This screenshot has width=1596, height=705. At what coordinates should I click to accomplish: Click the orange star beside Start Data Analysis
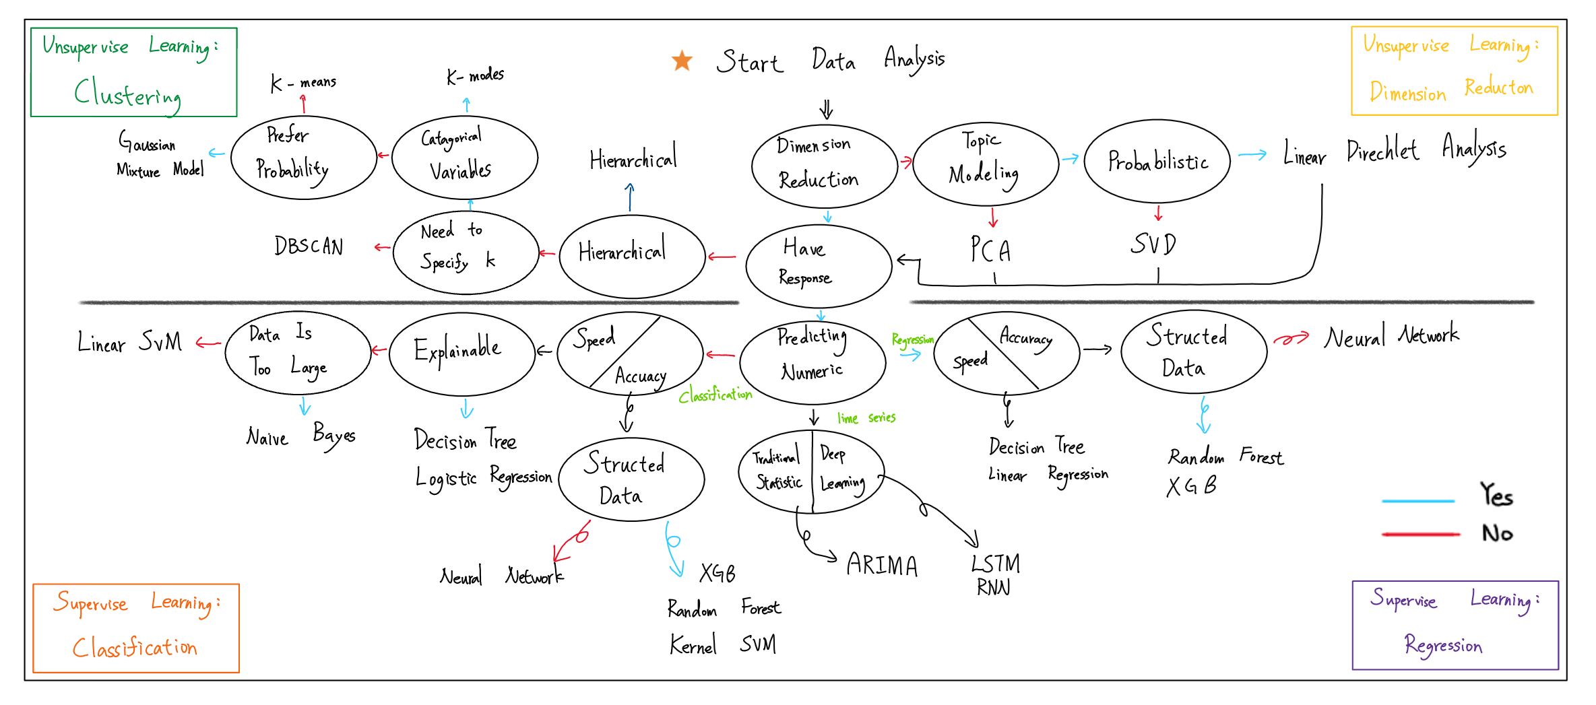[x=682, y=61]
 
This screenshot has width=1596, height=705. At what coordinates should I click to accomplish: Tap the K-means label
[x=302, y=83]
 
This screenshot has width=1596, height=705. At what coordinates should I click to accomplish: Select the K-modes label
[x=475, y=75]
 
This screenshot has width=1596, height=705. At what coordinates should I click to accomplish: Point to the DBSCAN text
[x=309, y=246]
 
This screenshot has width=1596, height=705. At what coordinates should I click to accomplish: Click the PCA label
[x=990, y=250]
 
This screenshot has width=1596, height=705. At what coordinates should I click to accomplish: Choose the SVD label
[x=1153, y=244]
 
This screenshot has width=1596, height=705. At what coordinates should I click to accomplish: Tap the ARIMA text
[x=882, y=564]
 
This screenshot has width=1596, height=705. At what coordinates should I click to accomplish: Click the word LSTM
[x=995, y=563]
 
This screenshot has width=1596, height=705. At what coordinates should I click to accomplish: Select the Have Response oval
[x=819, y=265]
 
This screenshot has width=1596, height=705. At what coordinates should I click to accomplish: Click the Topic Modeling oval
[x=985, y=164]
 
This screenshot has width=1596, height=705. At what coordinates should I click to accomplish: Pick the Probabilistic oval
[x=1157, y=162]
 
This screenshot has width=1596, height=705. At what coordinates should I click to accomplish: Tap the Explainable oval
[x=461, y=354]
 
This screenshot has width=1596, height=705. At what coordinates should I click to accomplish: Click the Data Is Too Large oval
[x=298, y=352]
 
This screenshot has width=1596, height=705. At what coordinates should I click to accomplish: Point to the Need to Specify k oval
[x=466, y=252]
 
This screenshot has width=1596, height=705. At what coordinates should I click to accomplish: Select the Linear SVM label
[x=129, y=342]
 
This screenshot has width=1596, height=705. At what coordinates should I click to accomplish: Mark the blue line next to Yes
[x=1417, y=501]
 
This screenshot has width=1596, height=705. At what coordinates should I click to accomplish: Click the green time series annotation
[x=866, y=418]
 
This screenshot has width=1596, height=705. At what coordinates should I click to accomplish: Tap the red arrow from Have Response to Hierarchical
[x=722, y=257]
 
